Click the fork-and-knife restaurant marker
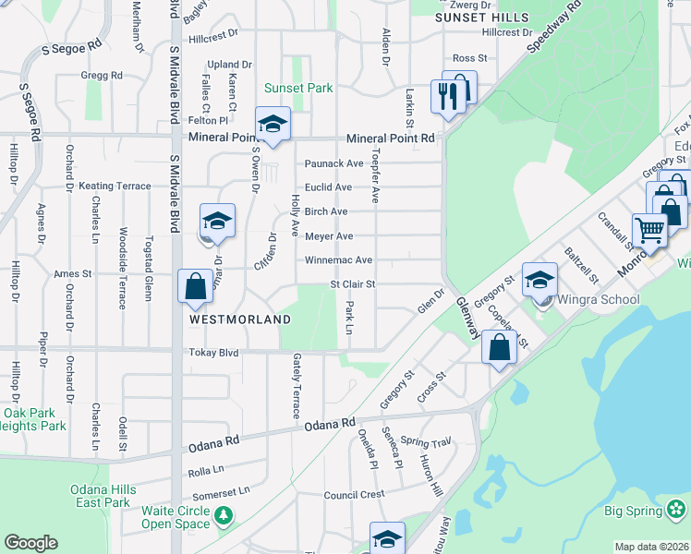pos(445,96)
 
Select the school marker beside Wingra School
pos(539,279)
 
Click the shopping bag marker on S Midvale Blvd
pos(196,285)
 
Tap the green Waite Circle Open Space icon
pos(223,513)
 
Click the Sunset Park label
pos(298,88)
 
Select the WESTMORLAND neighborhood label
pos(240,319)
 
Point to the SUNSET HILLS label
pos(482,18)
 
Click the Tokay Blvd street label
pos(213,353)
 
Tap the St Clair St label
pos(353,284)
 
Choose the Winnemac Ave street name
pos(339,260)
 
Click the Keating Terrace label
pos(115,186)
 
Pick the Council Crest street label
pos(354,495)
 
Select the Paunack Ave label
pos(334,163)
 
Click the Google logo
pos(30,543)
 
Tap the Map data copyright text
pos(652,547)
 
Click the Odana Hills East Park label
pos(103,496)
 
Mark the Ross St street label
pos(469,58)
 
